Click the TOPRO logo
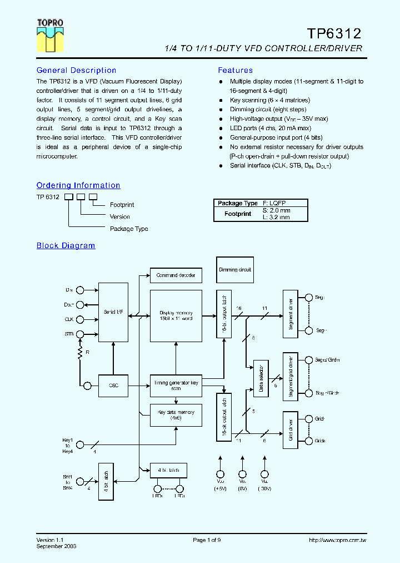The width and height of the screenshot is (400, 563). [50, 36]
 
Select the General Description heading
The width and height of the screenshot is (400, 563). [76, 71]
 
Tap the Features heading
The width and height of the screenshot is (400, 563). [235, 71]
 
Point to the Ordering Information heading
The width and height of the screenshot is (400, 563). [78, 186]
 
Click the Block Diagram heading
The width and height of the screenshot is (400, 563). [66, 246]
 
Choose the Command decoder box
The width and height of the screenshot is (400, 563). [176, 275]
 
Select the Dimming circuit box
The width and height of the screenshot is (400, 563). [235, 270]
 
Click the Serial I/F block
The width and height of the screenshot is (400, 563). [113, 312]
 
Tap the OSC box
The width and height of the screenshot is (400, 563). [113, 385]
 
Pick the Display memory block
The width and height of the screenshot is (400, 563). [176, 316]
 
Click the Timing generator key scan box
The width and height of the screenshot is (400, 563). [176, 385]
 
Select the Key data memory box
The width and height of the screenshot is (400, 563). [176, 415]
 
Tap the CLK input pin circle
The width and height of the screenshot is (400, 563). [80, 319]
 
